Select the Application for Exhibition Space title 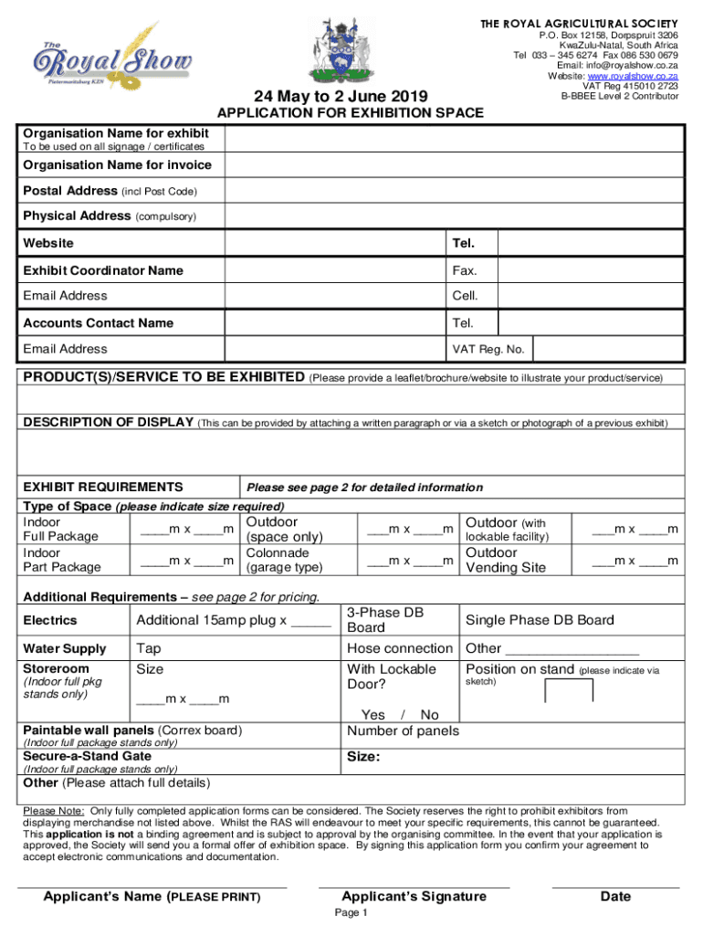pos(350,113)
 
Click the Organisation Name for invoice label pos(117,165)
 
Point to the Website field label pos(48,244)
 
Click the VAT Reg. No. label pos(488,349)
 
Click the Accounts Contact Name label pos(98,323)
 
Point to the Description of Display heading pos(108,422)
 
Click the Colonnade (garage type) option pos(284,560)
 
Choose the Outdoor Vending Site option pos(506,560)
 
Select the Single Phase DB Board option pos(540,621)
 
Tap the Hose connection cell pos(400,648)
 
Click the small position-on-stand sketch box pos(568,690)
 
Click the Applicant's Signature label pos(414,897)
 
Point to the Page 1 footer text pos(351,913)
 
